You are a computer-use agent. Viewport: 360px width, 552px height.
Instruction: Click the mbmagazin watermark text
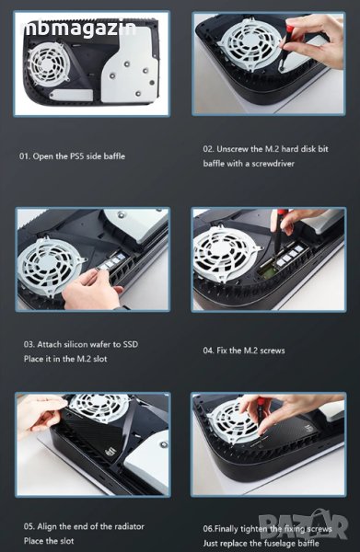(80, 29)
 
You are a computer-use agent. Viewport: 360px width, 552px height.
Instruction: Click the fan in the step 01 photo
(47, 63)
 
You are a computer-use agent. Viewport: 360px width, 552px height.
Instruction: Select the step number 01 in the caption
(24, 156)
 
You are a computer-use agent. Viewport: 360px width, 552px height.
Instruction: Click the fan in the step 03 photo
(49, 266)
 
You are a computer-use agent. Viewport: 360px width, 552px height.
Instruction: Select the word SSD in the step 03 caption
(131, 344)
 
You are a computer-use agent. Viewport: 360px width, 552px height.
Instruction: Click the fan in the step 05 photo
(99, 407)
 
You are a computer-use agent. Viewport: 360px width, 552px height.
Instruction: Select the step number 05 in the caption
(29, 526)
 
